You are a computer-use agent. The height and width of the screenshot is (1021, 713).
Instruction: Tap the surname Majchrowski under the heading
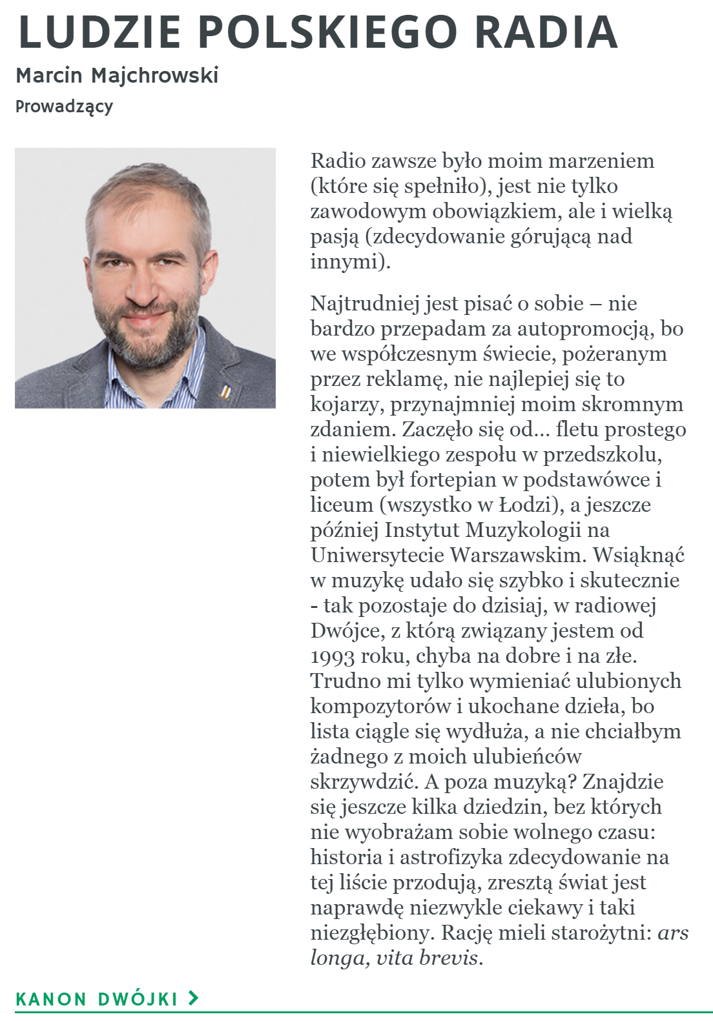155,76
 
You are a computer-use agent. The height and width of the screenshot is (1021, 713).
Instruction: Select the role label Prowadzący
64,106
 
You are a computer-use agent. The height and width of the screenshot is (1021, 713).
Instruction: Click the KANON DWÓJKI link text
96,999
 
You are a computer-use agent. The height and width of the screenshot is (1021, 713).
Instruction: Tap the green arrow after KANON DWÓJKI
192,998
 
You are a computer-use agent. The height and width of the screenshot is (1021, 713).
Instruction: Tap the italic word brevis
449,958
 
